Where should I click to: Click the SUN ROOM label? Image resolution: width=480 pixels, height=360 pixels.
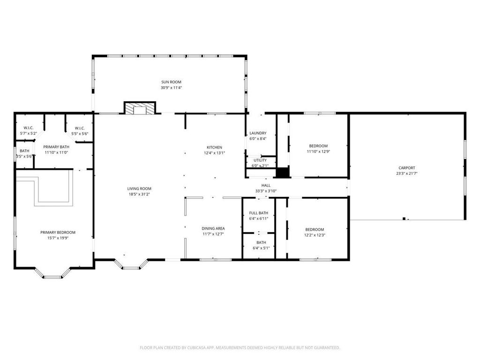point(171,82)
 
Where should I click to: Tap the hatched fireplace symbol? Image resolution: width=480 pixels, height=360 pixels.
point(140,108)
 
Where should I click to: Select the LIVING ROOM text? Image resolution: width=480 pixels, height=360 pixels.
point(139,188)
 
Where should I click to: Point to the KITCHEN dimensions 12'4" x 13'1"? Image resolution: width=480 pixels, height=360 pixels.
point(214,153)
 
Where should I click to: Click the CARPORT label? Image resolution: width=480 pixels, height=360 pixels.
point(407,168)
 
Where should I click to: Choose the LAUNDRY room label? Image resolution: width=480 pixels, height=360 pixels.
point(258,133)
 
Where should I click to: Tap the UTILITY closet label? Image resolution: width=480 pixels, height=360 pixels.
point(260,160)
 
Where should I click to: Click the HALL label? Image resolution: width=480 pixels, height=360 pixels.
point(266,185)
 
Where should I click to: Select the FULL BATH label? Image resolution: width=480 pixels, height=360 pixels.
point(259,213)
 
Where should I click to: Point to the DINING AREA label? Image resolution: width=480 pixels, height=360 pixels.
point(213,228)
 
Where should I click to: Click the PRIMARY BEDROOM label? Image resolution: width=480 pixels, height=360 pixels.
point(58,232)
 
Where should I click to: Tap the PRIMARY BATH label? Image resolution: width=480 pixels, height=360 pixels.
point(56,147)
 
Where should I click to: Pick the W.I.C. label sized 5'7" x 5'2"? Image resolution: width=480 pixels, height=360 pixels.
point(29,128)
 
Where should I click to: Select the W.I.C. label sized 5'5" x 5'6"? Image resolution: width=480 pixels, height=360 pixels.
point(80,128)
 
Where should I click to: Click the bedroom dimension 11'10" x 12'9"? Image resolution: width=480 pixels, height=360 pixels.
point(318,151)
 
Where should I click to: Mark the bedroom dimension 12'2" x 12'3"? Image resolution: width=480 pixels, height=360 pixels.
point(315,235)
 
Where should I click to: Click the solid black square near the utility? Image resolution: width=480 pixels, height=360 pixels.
point(283,172)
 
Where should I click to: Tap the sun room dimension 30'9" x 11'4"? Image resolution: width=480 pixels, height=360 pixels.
point(172,88)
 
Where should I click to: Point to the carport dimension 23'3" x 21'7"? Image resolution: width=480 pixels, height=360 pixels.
point(407,173)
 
